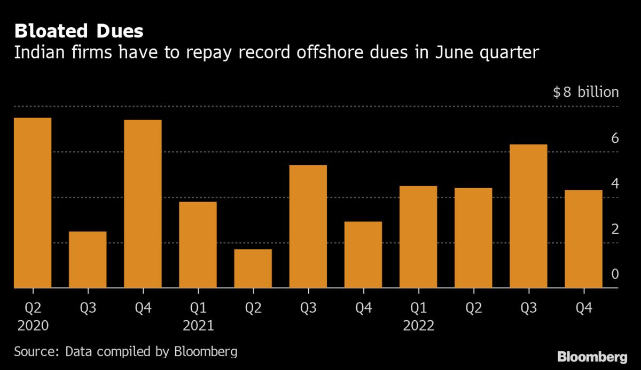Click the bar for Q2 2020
point(33,203)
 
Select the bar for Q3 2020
point(88,260)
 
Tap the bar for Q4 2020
point(143,204)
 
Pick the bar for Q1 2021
point(198,245)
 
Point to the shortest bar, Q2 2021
point(253,268)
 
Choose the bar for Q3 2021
point(308,227)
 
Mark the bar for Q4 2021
point(363,255)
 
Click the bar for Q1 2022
point(418,237)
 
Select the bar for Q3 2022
point(528,216)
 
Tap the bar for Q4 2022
point(583,239)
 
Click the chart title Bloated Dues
point(79,32)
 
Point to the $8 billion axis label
point(585,92)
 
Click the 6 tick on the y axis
point(614,138)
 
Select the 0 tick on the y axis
point(614,274)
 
